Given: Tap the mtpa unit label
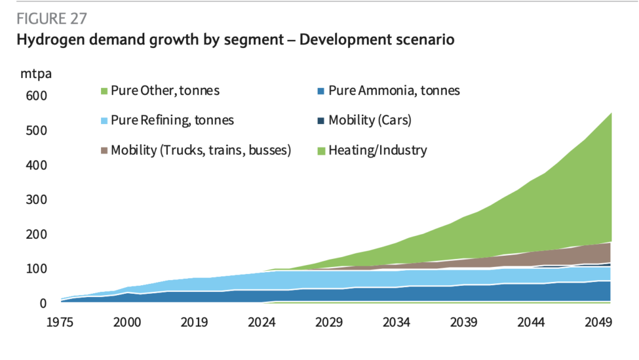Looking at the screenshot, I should tap(36, 74).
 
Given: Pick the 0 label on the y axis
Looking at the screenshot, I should tap(43, 304).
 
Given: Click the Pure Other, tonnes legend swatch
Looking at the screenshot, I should tap(104, 91).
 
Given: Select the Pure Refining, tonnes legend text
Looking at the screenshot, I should tap(172, 120).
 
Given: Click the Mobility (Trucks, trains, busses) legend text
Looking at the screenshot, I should tap(201, 150).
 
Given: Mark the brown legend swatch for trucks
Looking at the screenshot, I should tap(104, 151).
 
